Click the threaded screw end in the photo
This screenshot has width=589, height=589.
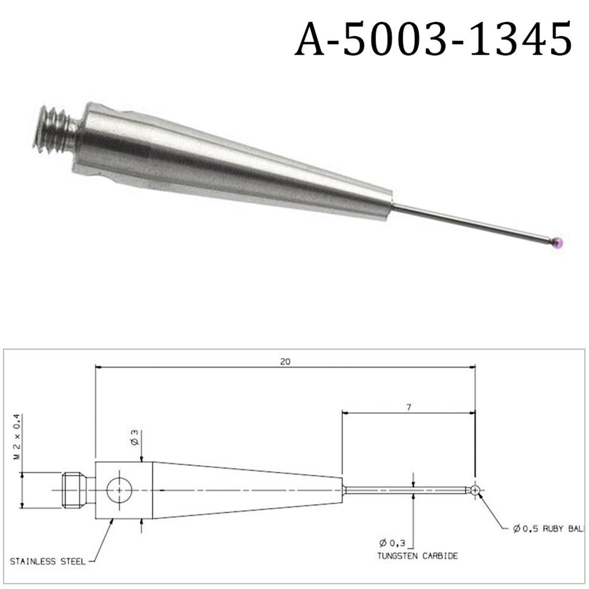[x=56, y=129]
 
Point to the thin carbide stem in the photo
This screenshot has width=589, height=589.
[x=471, y=222]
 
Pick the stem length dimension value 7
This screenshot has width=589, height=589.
[x=408, y=407]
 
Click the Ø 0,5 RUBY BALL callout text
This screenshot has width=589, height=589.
[x=547, y=529]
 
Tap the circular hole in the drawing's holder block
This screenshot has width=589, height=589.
[x=119, y=490]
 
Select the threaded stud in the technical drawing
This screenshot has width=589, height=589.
[x=74, y=490]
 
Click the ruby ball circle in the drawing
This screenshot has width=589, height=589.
[x=475, y=490]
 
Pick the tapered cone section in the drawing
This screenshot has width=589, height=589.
[x=247, y=490]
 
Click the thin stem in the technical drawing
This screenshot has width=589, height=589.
[x=406, y=490]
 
